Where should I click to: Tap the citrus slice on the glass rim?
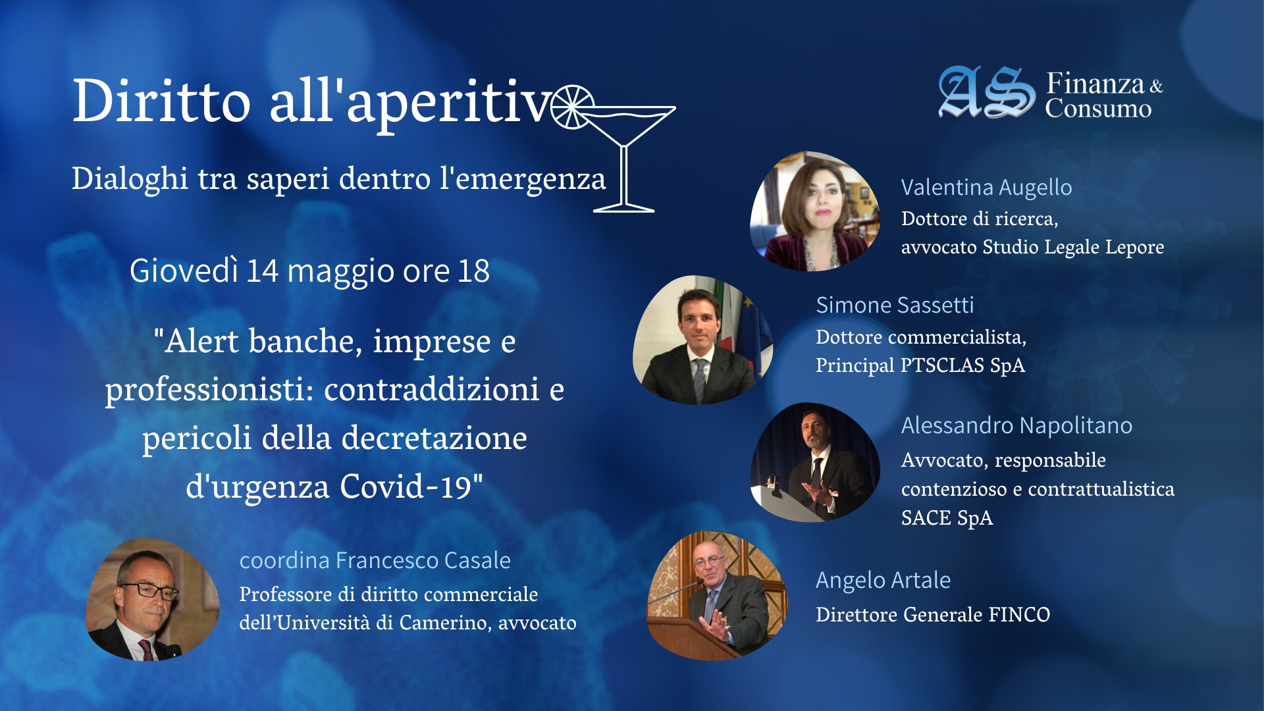[572, 107]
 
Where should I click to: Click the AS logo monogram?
[986, 92]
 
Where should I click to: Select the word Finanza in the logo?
[1095, 84]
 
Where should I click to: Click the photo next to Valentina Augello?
[815, 211]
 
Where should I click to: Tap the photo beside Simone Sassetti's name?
[702, 340]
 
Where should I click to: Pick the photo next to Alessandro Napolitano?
[815, 462]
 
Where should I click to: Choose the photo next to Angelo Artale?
[717, 596]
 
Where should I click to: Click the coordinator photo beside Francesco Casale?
[153, 600]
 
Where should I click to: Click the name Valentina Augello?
[986, 188]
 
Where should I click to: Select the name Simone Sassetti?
[895, 305]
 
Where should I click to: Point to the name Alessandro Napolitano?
[1016, 425]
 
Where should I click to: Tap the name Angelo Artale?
[883, 580]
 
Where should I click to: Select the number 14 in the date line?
[263, 271]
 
